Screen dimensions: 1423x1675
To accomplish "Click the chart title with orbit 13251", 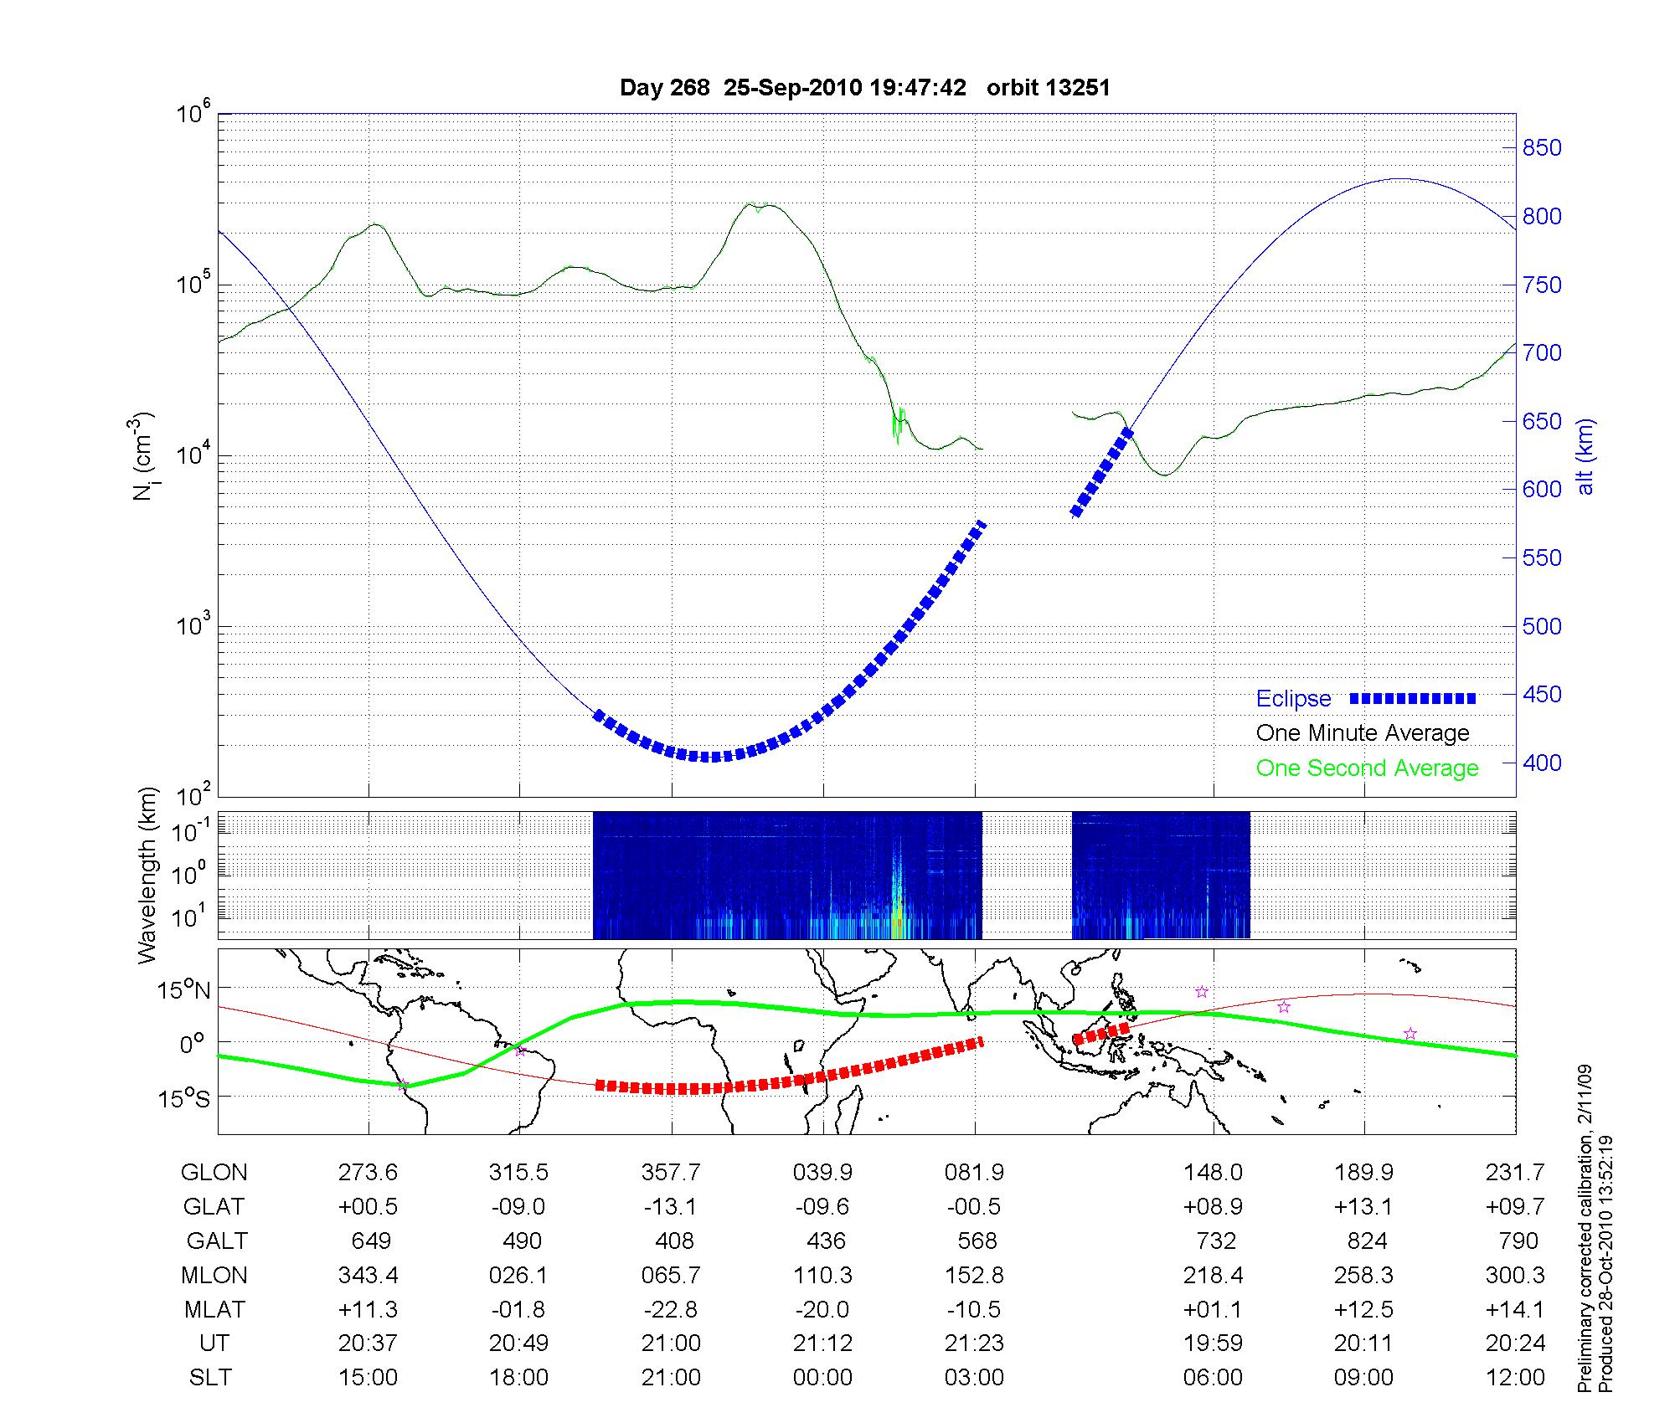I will (x=864, y=88).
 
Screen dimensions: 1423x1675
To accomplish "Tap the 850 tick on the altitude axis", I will (x=1542, y=148).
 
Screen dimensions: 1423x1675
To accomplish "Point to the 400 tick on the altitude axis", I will (x=1542, y=763).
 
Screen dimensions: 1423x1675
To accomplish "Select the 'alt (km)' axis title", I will (x=1585, y=456).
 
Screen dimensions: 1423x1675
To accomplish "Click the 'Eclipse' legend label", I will (x=1293, y=699).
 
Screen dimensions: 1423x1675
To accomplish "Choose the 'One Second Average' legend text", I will (x=1367, y=768).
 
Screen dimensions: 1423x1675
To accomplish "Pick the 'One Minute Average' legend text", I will (x=1363, y=733).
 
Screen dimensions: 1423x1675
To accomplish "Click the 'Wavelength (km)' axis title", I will (x=148, y=875).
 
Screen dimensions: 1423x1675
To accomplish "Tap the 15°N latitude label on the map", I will (x=183, y=991).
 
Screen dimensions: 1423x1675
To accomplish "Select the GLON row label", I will (x=214, y=1173).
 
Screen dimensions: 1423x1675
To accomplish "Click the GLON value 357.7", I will (x=671, y=1173).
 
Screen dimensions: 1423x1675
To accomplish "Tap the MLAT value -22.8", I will (x=671, y=1309).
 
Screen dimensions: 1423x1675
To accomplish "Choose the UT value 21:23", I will (x=974, y=1343).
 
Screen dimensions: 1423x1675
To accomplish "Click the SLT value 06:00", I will (x=1213, y=1378).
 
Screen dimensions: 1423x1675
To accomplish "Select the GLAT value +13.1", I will (x=1364, y=1207).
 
